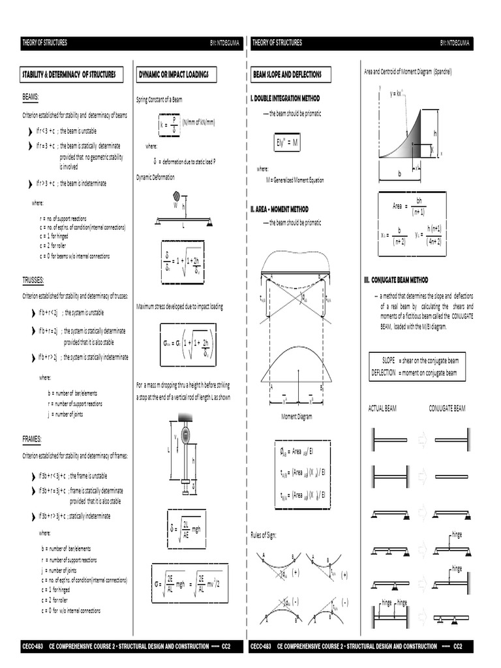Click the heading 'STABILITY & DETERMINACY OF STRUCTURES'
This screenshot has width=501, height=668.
[x=70, y=75]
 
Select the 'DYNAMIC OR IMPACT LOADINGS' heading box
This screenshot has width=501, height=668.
[x=174, y=75]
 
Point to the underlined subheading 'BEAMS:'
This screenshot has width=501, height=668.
[x=31, y=97]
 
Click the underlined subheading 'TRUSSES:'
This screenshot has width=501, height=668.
[x=33, y=280]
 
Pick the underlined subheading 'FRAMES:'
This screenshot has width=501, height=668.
[x=32, y=440]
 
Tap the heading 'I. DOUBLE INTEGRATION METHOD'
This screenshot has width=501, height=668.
[x=285, y=98]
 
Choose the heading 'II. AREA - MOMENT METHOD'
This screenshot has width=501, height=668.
[x=280, y=209]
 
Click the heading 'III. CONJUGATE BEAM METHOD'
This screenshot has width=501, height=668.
[x=396, y=280]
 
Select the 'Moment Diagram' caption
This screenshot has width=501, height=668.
[x=297, y=416]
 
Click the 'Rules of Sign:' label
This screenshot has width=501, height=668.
[x=264, y=535]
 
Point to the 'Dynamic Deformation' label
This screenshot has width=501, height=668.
[x=155, y=177]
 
